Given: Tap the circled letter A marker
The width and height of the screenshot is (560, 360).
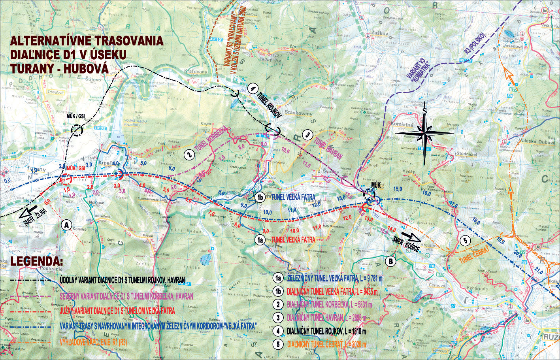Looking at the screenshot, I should coord(66,225).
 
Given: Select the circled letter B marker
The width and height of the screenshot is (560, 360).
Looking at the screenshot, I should coord(390,261).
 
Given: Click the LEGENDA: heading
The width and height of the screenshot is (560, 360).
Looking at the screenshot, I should coord(36,262).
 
